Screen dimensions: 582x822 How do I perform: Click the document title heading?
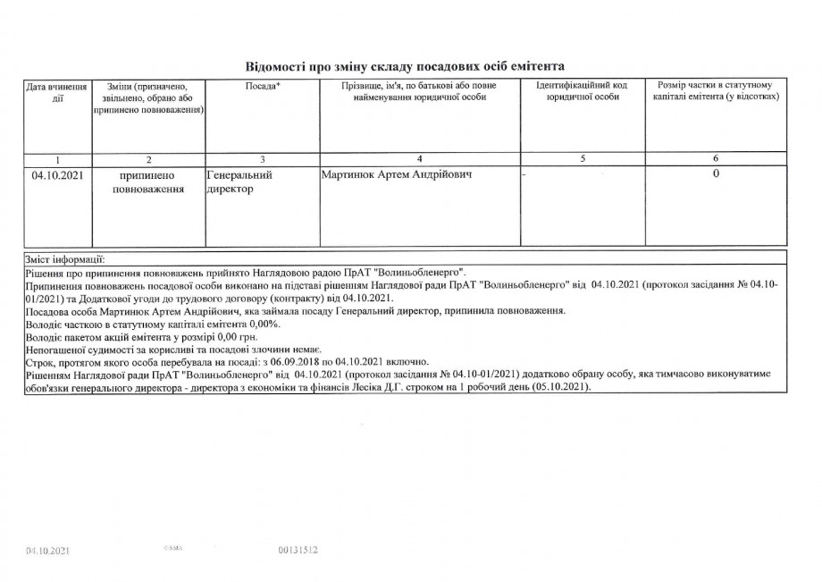[406, 66]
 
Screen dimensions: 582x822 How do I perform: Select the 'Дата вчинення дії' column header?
[57, 93]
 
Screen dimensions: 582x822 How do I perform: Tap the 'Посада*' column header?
[262, 86]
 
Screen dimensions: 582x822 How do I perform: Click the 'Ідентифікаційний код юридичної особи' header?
[582, 91]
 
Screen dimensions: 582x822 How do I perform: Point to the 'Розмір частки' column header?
[715, 91]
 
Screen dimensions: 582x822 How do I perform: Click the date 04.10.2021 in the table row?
[57, 175]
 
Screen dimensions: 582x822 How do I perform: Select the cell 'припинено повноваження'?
[147, 182]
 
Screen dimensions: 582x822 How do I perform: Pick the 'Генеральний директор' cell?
[239, 182]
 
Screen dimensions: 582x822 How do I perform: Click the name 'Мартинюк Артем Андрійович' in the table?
[396, 175]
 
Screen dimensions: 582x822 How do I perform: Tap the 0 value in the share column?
[716, 174]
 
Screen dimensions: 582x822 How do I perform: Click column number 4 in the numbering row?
[419, 159]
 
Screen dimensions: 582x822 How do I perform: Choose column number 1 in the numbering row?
[57, 159]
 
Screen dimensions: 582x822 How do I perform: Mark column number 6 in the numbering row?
[716, 159]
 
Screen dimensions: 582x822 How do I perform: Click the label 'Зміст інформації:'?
[66, 258]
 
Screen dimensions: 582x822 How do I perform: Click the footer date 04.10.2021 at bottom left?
[48, 551]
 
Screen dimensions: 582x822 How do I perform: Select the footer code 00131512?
[299, 551]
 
